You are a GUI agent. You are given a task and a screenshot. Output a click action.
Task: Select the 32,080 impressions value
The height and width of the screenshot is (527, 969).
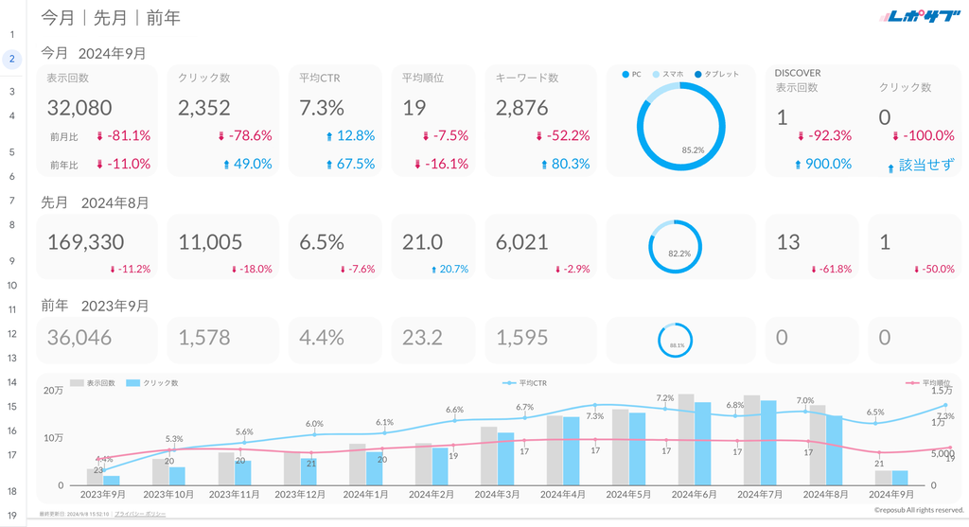tap(79, 108)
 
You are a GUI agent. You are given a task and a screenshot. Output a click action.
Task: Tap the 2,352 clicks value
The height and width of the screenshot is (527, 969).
tap(204, 108)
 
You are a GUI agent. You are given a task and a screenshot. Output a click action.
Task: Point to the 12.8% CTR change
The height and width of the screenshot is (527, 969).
tap(349, 135)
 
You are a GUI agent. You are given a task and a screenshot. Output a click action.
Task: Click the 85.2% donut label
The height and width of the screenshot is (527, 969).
tap(693, 149)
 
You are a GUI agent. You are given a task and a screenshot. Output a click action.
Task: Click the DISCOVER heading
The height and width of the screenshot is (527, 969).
tap(798, 72)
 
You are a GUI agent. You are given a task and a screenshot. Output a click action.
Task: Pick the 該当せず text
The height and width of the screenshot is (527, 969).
tap(925, 164)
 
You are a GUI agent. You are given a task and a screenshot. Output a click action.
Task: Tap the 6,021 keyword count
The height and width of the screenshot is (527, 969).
tap(522, 242)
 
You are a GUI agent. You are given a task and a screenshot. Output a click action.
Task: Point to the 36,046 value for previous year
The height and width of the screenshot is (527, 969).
tap(79, 337)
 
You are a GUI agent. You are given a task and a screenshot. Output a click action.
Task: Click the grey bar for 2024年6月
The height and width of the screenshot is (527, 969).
tap(686, 439)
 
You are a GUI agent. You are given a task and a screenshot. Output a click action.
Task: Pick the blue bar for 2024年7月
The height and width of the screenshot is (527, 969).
tap(768, 443)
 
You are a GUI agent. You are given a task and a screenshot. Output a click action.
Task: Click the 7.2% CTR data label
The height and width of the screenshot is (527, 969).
tap(664, 398)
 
